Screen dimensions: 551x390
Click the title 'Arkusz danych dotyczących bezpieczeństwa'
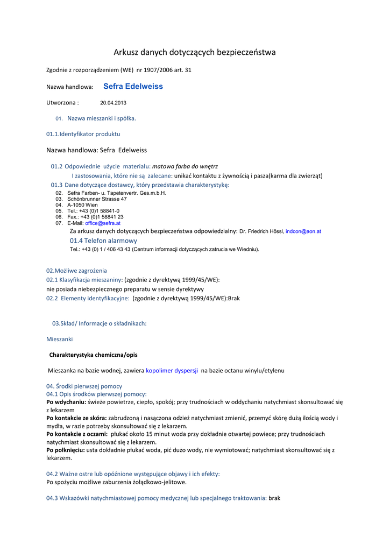[194, 52]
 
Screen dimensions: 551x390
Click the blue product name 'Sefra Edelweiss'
[133, 86]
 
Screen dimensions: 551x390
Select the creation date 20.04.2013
[113, 102]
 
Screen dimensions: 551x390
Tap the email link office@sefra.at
[103, 223]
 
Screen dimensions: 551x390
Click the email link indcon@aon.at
[303, 231]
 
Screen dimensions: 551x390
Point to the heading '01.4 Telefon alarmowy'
[103, 241]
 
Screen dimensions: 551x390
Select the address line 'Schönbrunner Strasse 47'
[97, 199]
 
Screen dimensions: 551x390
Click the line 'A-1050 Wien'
[82, 205]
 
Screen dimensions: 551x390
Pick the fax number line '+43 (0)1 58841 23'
[101, 217]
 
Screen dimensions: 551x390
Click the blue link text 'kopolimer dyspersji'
[172, 371]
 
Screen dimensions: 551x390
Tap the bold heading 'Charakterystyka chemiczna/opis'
[93, 355]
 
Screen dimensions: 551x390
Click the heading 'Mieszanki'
[60, 339]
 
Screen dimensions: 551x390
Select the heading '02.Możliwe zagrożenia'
[76, 271]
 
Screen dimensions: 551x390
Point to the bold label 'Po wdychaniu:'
[66, 402]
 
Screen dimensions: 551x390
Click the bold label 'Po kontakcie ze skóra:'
[76, 418]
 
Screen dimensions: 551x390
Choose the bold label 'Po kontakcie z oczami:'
[77, 434]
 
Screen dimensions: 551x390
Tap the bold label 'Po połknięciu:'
[66, 450]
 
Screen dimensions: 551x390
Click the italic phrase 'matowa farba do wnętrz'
[185, 166]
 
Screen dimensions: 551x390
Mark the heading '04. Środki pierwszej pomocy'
[84, 386]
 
